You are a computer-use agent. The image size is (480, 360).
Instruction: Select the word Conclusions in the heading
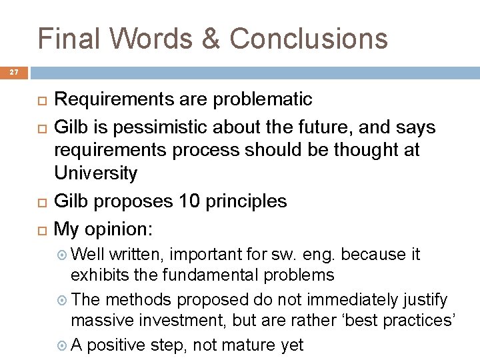(309, 38)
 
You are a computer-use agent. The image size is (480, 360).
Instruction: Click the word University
(95, 173)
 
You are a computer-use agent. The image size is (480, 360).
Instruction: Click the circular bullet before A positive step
(61, 345)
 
